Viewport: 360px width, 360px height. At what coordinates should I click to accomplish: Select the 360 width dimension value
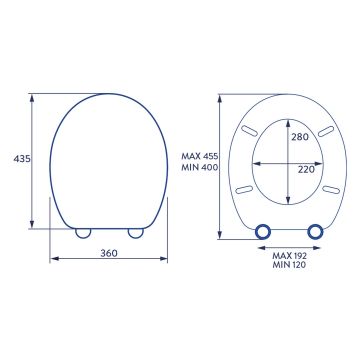point(109,254)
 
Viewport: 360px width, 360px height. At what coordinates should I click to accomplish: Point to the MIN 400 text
point(200,168)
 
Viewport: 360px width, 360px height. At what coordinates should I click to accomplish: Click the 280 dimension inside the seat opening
point(300,137)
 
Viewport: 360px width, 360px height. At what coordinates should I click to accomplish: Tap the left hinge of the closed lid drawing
point(83,232)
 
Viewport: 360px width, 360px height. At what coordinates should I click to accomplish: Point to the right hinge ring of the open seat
point(316,231)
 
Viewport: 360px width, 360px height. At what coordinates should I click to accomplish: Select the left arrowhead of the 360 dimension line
point(52,262)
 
